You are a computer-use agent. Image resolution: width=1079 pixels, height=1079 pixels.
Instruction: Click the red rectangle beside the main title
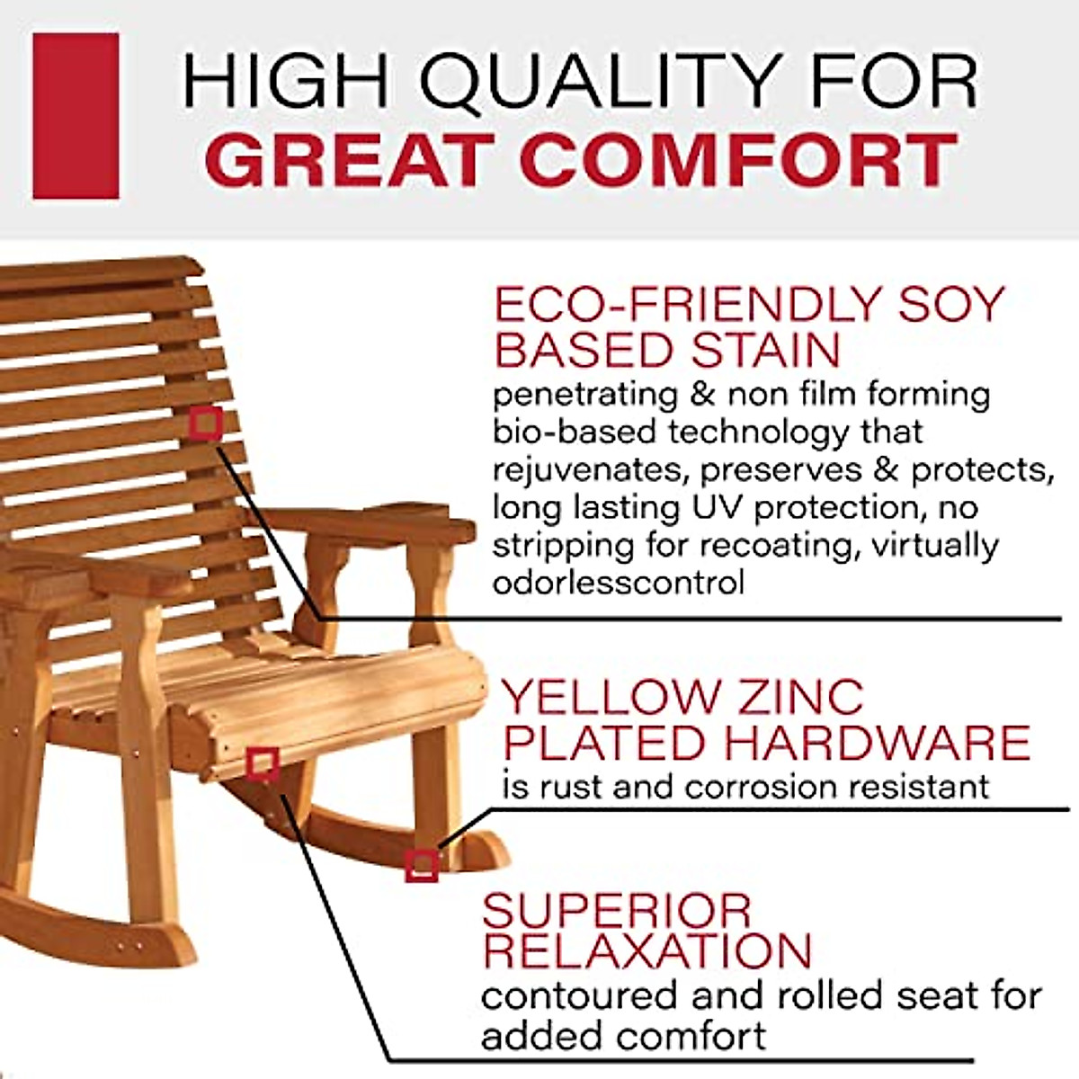[76, 116]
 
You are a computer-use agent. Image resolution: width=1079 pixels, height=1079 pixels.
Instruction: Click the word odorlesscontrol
[618, 583]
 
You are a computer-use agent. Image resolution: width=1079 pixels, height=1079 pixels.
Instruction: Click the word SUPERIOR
[616, 911]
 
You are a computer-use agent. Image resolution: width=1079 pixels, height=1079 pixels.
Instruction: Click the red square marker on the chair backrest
[206, 423]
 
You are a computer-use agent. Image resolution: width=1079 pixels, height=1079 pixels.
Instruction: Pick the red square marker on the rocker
[421, 865]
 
